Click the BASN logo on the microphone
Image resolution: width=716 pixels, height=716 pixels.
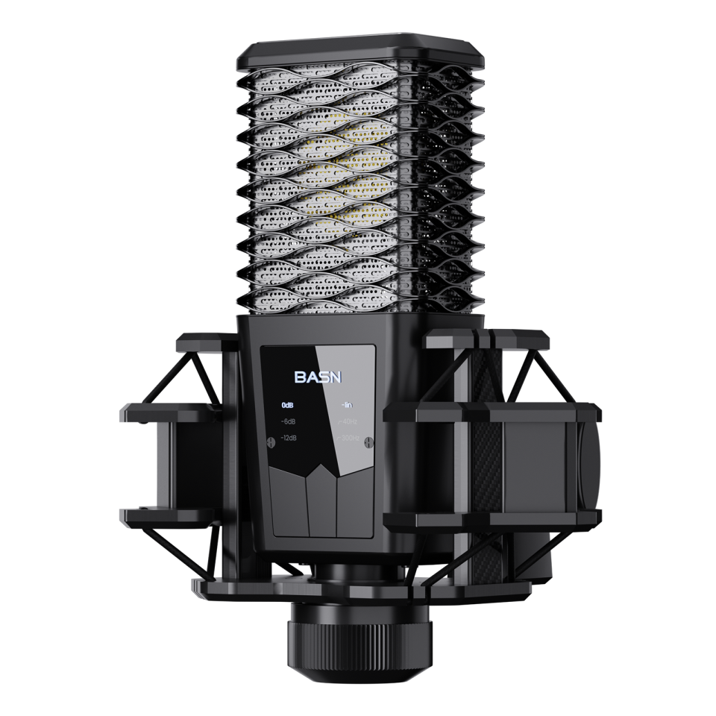pyautogui.click(x=317, y=377)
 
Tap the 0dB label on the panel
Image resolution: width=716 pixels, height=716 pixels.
pyautogui.click(x=288, y=406)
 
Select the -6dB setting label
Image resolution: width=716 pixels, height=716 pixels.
pyautogui.click(x=288, y=423)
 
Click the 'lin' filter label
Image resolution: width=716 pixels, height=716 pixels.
pyautogui.click(x=347, y=406)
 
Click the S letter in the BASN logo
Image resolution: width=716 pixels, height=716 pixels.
pyautogui.click(x=323, y=377)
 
